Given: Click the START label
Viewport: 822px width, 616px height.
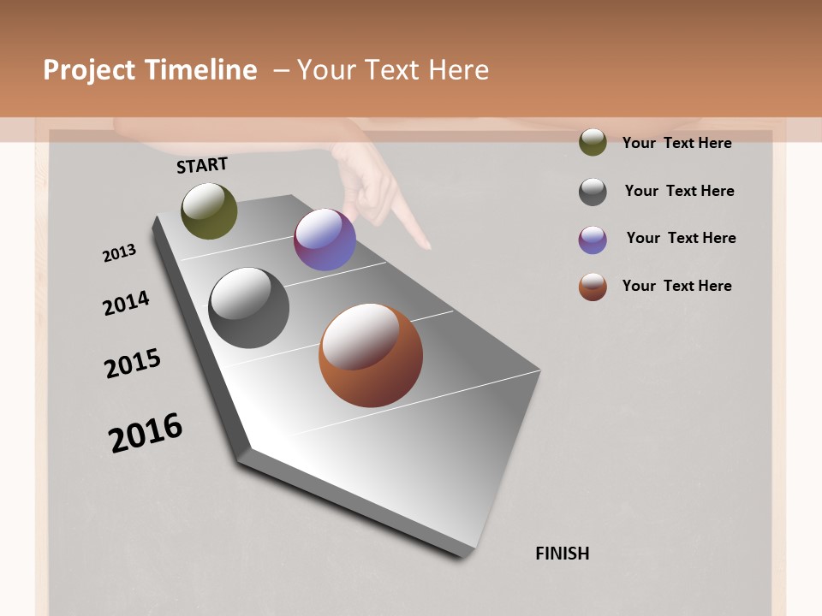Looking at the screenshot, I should coord(202,165).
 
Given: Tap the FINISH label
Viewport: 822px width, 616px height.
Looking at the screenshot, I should coord(563,554).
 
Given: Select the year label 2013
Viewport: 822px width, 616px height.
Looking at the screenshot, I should coord(119,253).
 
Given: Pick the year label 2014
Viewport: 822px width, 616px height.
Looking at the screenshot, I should coord(126,303).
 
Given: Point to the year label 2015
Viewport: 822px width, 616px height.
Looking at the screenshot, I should coord(133,364).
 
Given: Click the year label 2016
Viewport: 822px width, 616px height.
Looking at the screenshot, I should coord(146,433).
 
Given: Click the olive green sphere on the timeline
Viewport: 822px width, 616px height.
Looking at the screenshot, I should coord(209,210).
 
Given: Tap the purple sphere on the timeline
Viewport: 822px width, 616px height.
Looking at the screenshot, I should coord(325,240).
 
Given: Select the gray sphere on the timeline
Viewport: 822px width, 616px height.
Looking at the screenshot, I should coord(248,308).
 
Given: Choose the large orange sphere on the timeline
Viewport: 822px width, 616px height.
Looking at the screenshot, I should coord(371,355).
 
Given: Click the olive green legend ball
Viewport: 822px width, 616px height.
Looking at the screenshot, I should coord(593,142).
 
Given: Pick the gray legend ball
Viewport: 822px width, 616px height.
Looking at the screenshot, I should coord(593,192).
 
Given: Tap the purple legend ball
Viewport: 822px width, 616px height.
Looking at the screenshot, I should coord(593,240).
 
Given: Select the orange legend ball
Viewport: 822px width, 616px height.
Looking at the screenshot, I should coord(593,287).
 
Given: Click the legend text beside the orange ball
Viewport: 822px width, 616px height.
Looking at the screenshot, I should coord(676,286).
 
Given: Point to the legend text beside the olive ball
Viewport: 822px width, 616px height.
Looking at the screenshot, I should coord(676,143).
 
